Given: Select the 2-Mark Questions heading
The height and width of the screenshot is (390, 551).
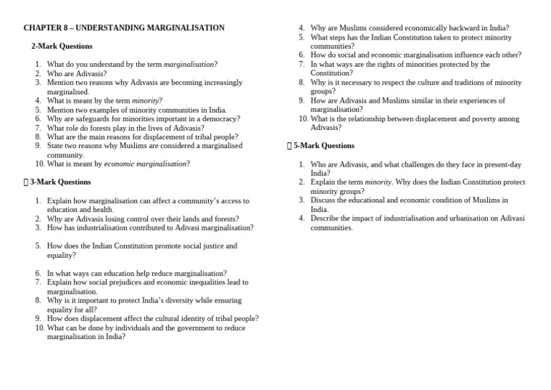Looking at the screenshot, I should (x=62, y=46).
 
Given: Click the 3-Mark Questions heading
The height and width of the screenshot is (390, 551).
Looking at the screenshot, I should (x=60, y=182).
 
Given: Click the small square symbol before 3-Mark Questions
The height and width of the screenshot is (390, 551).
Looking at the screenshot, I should (x=26, y=182).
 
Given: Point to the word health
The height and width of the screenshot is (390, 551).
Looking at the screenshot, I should (x=103, y=210).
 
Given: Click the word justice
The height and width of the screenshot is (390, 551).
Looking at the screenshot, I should (x=189, y=246).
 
